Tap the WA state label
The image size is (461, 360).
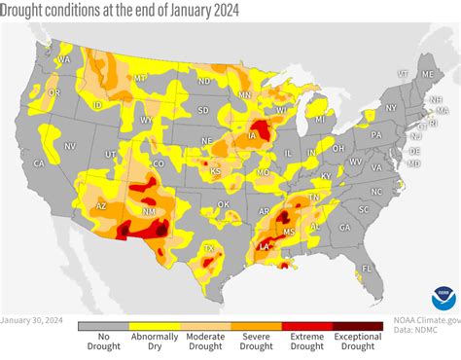click(x=64, y=59)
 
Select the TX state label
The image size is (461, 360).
click(x=207, y=249)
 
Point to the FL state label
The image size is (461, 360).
click(x=368, y=267)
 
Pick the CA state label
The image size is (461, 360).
click(x=39, y=163)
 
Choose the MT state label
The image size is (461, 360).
click(x=140, y=77)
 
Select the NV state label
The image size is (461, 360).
click(x=70, y=146)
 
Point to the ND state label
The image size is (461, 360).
click(x=204, y=81)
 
